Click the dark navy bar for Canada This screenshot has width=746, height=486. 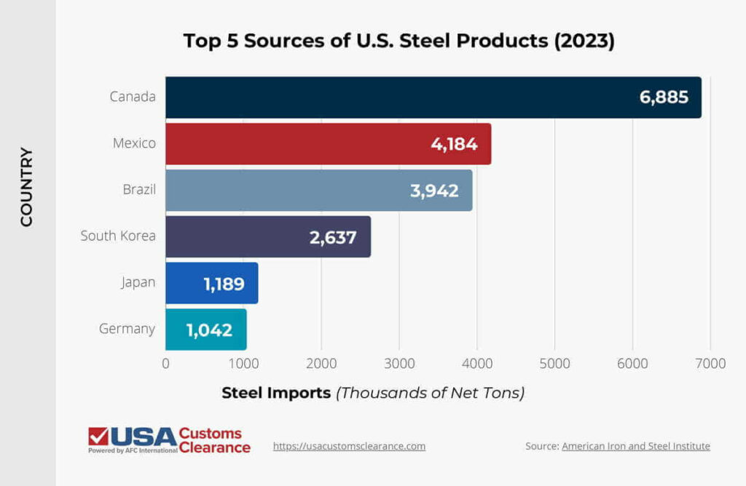coord(401,97)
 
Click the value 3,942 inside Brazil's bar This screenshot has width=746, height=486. coord(434,191)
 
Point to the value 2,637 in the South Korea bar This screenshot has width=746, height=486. coord(333,237)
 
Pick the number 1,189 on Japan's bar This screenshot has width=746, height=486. coord(224,284)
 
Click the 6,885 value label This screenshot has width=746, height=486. coord(664,97)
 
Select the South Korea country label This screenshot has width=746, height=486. coord(118,236)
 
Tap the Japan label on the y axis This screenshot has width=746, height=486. coord(138,282)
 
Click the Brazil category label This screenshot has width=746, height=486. coord(139,189)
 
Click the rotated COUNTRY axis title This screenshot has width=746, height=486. coord(27,187)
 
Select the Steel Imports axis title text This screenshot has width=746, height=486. coord(276,394)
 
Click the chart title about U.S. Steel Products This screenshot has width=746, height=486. coord(399,41)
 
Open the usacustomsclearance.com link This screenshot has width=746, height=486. coord(349,446)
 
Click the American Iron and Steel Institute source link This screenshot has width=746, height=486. coord(635,446)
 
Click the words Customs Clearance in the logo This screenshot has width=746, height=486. coord(214,441)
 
